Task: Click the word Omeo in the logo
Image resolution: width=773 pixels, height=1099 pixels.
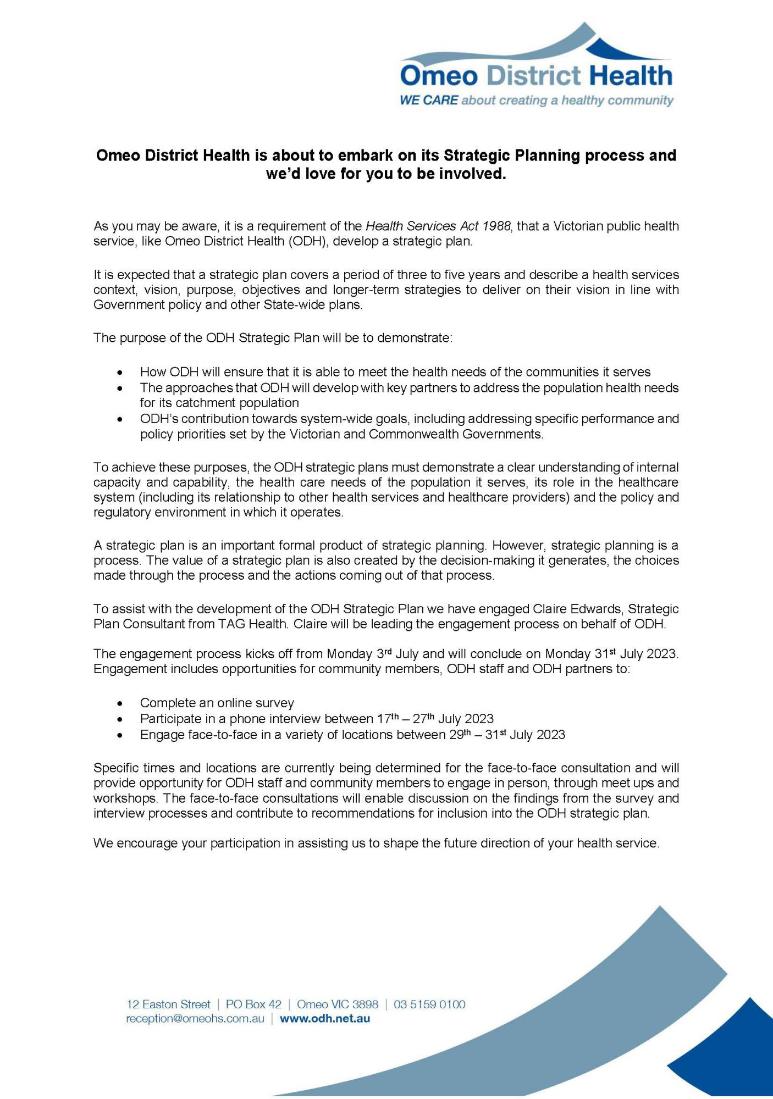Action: coord(438,75)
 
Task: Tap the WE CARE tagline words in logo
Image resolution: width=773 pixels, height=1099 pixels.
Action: coord(428,101)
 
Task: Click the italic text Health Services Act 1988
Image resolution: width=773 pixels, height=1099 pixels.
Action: coord(438,226)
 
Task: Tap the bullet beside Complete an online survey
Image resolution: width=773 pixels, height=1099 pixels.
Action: coord(120,703)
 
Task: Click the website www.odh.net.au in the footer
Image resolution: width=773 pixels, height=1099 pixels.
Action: coord(324,1018)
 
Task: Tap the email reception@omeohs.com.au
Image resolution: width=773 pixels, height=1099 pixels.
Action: coord(195,1018)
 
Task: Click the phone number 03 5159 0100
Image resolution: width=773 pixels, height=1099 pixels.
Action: coord(429,1004)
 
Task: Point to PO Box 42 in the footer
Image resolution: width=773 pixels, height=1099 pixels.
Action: coord(253,1004)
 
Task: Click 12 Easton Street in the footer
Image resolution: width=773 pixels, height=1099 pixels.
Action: coord(168,1004)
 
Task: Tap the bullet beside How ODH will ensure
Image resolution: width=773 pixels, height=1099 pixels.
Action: coord(120,373)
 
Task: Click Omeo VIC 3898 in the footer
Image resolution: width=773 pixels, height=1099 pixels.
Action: coord(338,1004)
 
